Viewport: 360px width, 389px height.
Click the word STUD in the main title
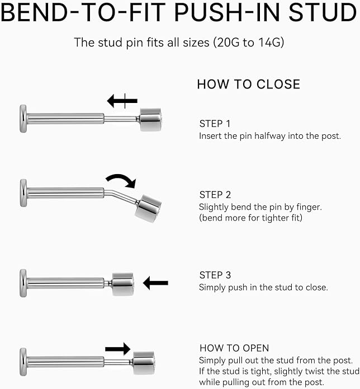click(x=323, y=12)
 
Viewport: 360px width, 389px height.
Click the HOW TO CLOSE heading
click(x=249, y=85)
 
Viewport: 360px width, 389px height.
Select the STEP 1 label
click(x=215, y=124)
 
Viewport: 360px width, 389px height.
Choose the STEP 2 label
click(x=215, y=195)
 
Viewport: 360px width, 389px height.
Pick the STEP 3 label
click(x=215, y=275)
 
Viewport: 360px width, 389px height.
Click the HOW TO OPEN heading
click(x=234, y=348)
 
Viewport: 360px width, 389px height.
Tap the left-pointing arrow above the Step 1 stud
click(x=122, y=101)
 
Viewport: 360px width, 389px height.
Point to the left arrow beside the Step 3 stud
click(x=155, y=283)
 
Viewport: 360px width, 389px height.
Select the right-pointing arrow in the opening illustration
click(x=118, y=349)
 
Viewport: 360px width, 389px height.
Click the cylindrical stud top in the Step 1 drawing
click(x=150, y=119)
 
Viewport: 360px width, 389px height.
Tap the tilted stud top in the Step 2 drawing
click(x=148, y=208)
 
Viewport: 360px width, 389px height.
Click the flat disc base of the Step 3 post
click(x=23, y=283)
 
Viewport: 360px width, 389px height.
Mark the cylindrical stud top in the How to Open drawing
click(x=144, y=363)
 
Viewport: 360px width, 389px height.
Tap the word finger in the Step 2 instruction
click(x=309, y=207)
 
